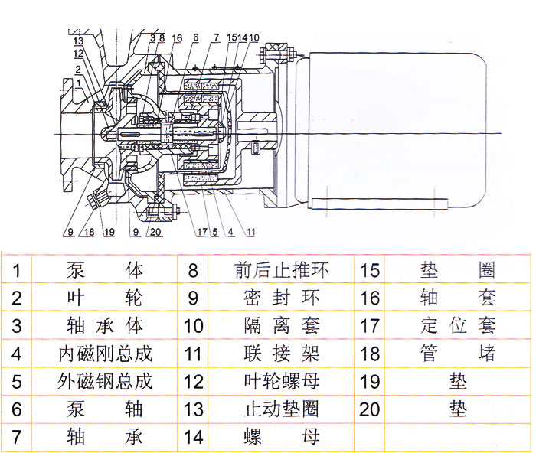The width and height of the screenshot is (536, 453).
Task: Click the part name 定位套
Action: [458, 325]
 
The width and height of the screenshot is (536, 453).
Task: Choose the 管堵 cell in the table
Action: [458, 353]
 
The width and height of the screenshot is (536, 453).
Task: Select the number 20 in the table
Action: [370, 409]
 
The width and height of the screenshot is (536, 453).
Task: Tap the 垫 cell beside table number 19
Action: [458, 380]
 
